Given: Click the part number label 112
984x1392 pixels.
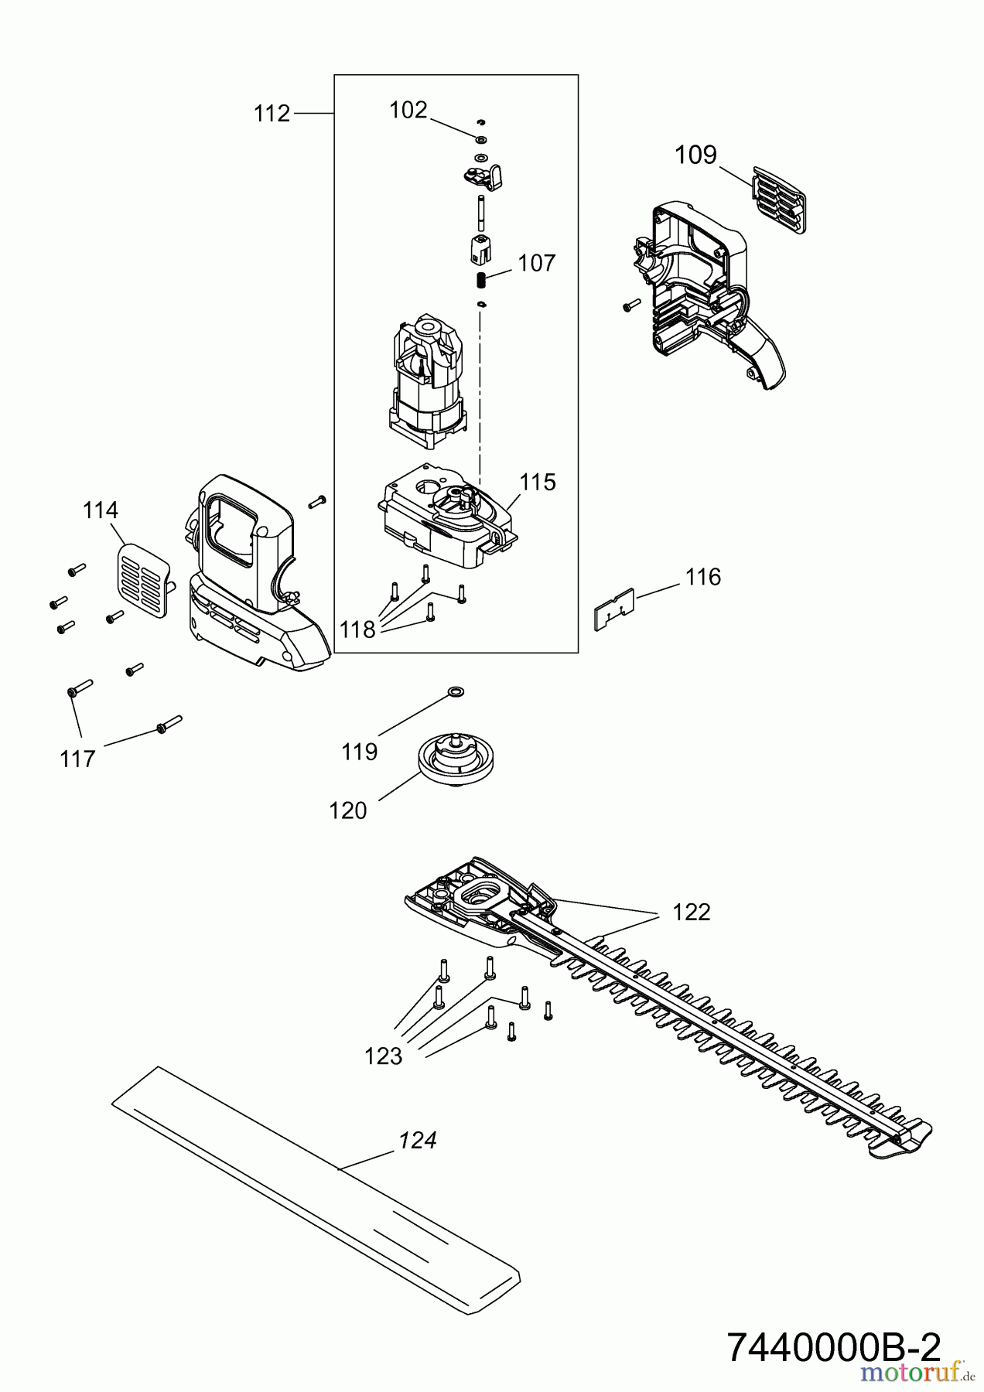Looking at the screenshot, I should point(272,114).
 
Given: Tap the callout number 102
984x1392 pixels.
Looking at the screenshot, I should point(408,111).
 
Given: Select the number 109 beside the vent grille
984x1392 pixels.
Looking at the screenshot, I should point(695,155).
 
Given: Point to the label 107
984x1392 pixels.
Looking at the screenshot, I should point(536,263).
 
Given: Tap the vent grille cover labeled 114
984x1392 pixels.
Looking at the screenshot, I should point(144,579).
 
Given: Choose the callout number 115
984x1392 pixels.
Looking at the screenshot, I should point(537,482).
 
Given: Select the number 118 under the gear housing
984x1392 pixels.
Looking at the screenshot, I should point(357,629).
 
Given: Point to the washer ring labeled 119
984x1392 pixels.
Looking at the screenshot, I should point(455,690).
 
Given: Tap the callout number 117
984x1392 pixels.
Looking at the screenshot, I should point(77,759).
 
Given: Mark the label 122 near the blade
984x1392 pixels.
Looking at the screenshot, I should point(691,913).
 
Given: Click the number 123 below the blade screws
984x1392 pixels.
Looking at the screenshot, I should point(384,1056).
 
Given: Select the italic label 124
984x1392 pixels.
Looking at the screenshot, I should point(418,1140).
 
